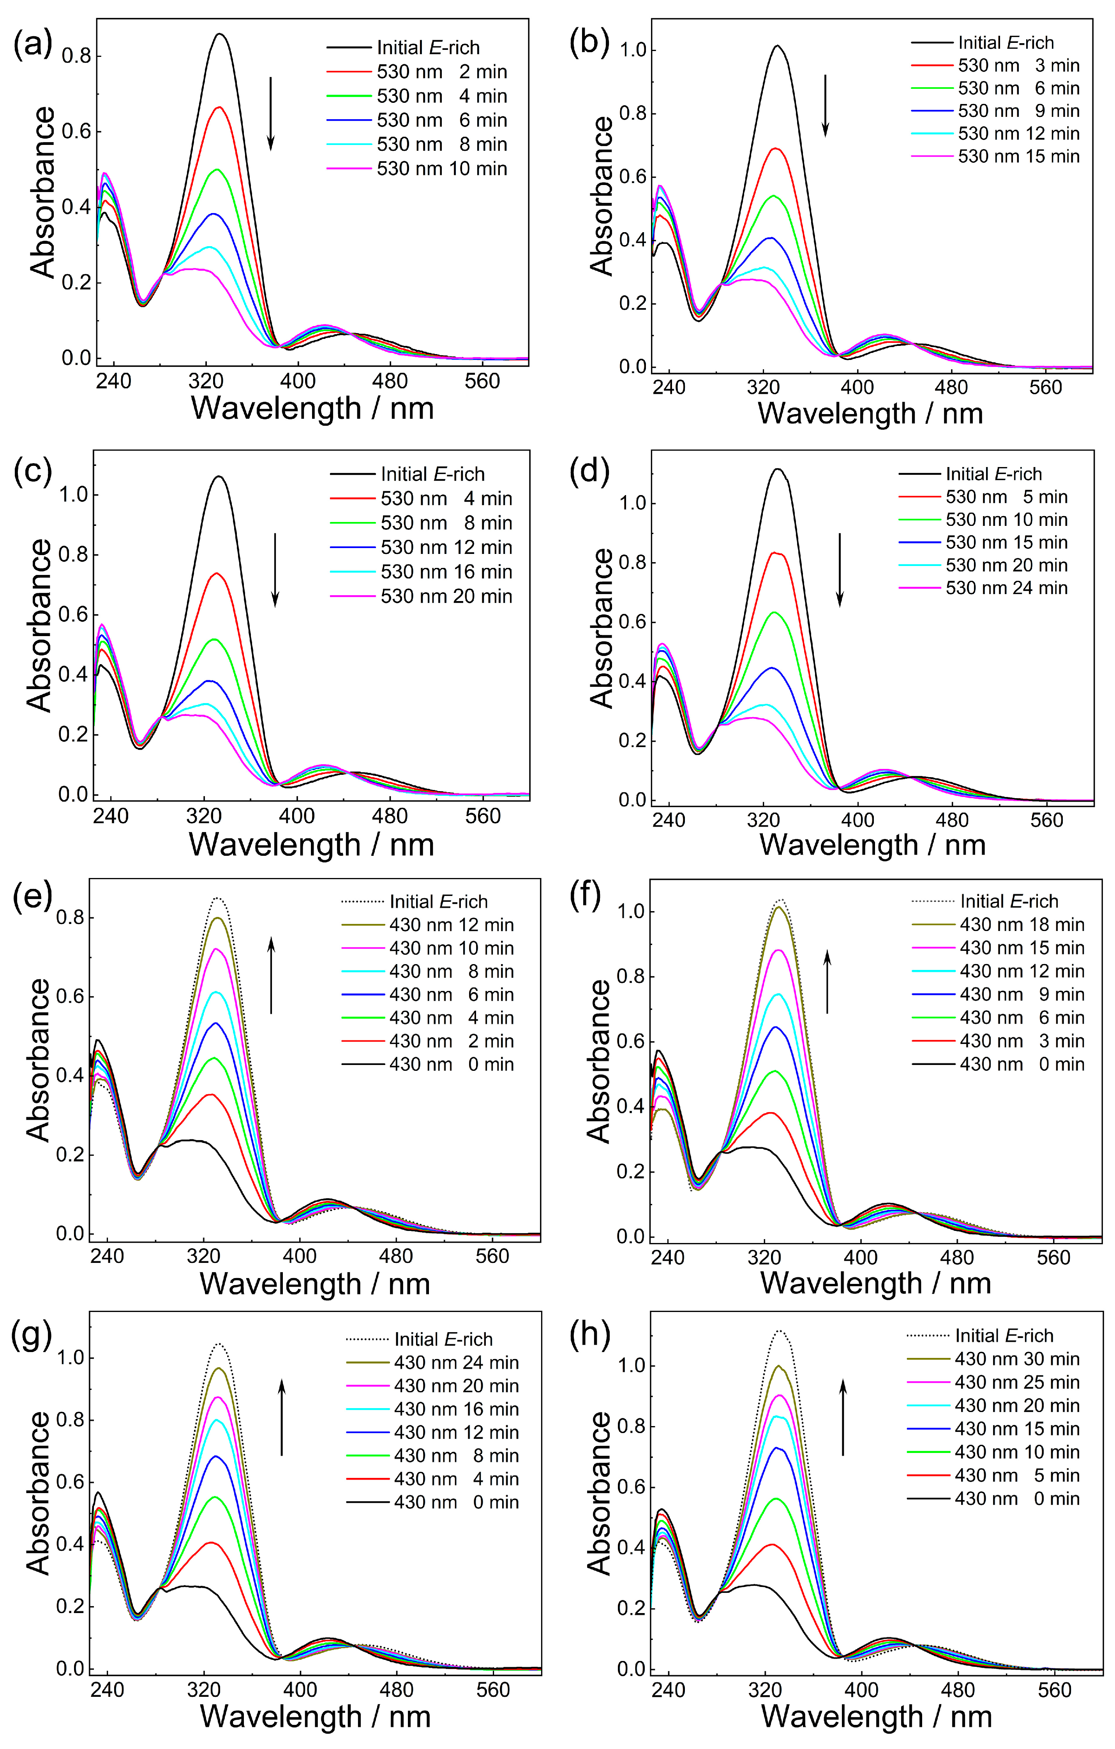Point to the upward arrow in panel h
pos(843,1418)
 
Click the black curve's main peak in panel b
pos(777,46)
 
